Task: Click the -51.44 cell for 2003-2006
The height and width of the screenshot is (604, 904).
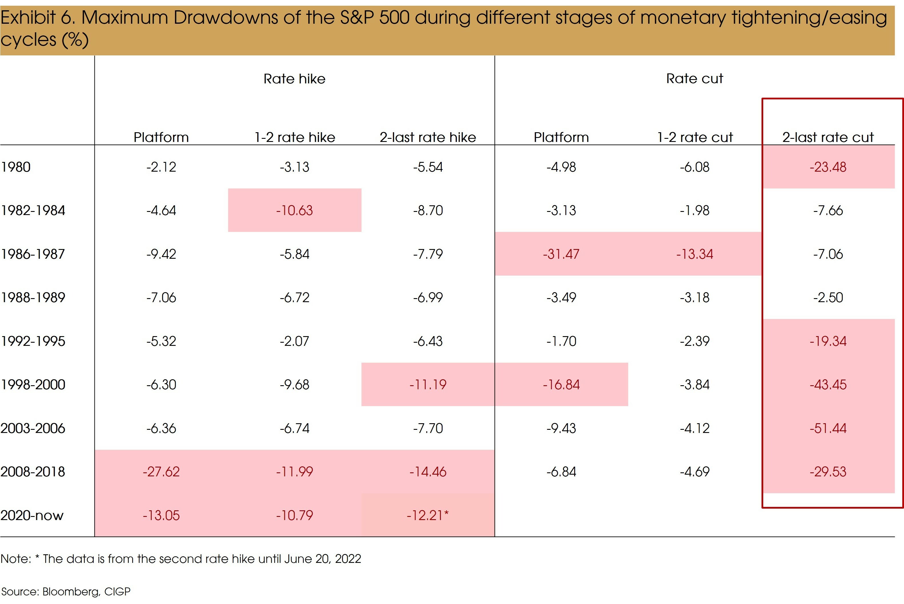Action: [828, 428]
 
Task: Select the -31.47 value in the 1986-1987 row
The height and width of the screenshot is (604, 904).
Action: [561, 254]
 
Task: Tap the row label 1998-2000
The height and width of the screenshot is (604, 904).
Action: [33, 384]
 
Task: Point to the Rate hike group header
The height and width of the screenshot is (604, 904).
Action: [294, 79]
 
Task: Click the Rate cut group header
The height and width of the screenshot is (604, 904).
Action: [694, 79]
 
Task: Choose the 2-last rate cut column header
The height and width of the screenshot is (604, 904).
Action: [828, 137]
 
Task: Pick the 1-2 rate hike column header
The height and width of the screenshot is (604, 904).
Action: [294, 137]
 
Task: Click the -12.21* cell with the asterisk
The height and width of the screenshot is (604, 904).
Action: [427, 515]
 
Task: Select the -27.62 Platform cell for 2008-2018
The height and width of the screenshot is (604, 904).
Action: [161, 471]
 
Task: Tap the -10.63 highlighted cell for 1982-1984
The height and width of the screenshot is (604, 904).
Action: [294, 210]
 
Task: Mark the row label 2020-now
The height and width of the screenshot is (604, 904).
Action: [32, 515]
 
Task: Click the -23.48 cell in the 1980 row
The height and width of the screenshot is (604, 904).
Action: [828, 167]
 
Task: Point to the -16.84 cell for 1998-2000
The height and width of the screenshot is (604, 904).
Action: [561, 384]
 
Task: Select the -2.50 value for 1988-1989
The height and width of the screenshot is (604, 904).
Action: [828, 297]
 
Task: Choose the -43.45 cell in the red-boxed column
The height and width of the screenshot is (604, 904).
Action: [828, 384]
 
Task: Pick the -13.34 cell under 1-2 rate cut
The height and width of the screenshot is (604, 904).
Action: [694, 254]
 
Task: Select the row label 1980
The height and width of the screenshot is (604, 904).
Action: [16, 167]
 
